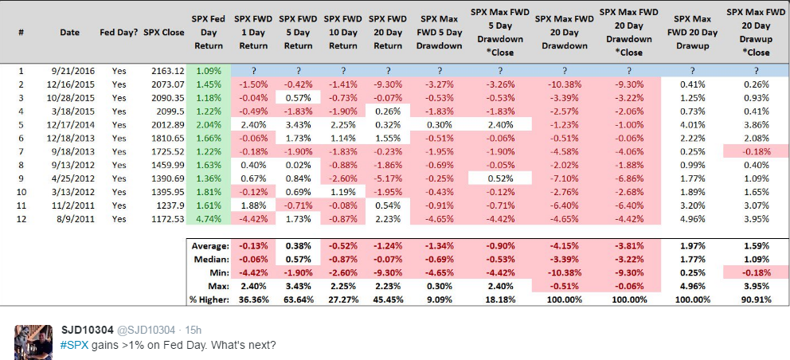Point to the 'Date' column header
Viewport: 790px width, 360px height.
69,33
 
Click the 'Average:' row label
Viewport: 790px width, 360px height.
211,247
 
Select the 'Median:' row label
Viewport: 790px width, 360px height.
212,260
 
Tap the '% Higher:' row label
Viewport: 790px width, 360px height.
208,298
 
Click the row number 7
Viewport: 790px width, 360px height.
20,151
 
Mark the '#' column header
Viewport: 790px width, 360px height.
20,33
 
